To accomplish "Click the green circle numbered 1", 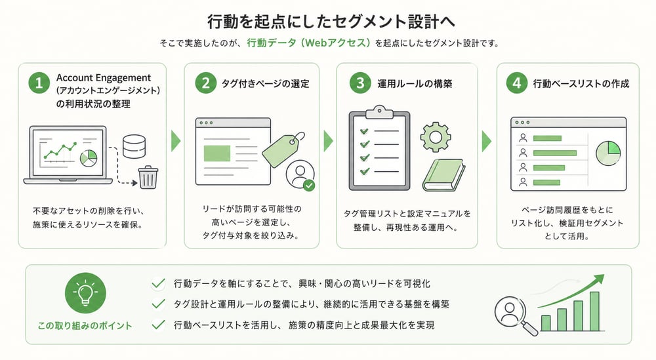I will click(x=39, y=84).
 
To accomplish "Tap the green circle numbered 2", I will click(x=205, y=84).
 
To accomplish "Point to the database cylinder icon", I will click(x=134, y=145).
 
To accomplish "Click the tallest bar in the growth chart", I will click(x=594, y=311).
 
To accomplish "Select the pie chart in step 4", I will click(x=608, y=154).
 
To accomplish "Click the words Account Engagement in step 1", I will click(x=104, y=78).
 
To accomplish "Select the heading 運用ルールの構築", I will click(x=415, y=84).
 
